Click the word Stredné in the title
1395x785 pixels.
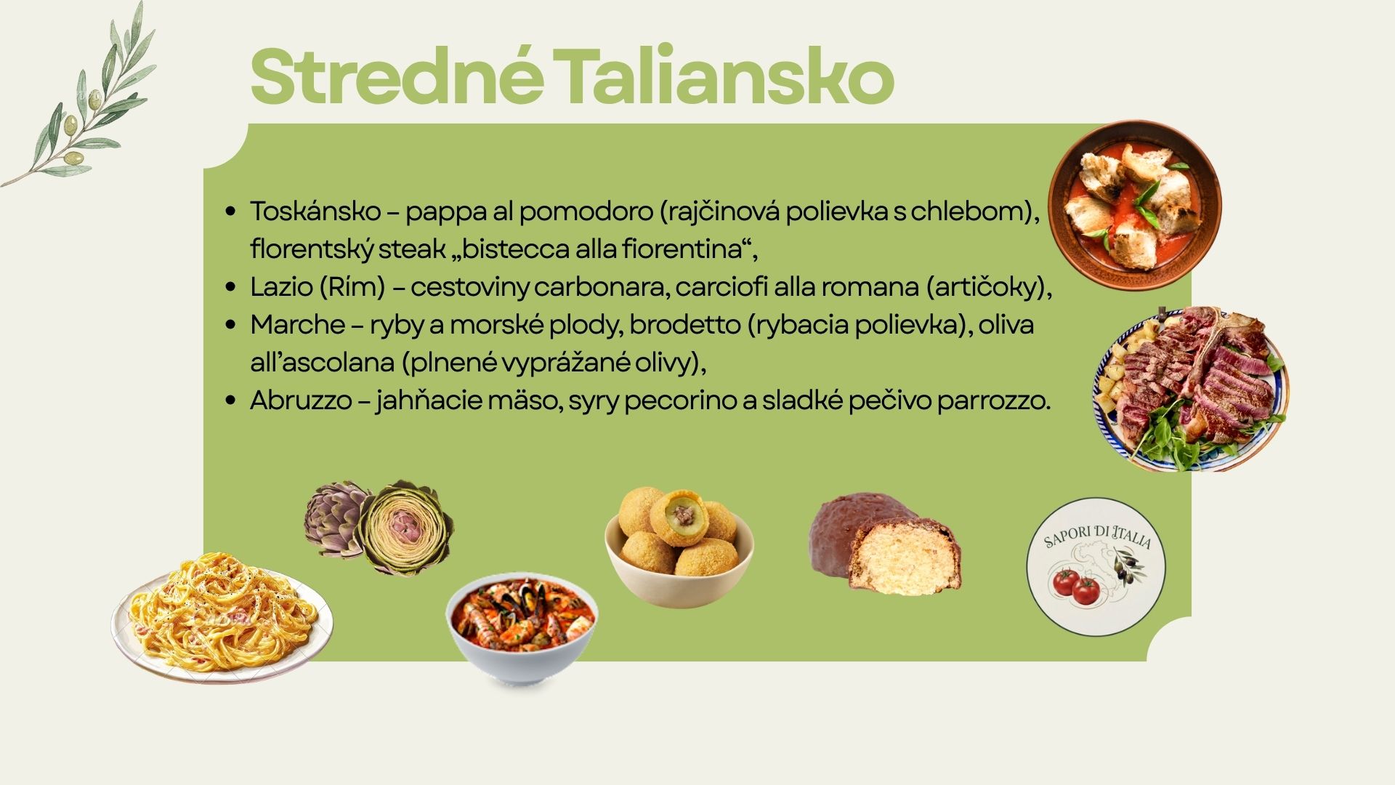click(x=397, y=76)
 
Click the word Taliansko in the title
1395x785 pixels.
click(x=727, y=76)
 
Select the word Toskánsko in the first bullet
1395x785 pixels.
click(x=315, y=212)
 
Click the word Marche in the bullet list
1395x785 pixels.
click(x=297, y=325)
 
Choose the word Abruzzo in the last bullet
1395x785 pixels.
click(x=301, y=400)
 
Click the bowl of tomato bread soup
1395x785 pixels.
click(x=1134, y=205)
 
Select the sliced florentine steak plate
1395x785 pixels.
click(x=1191, y=389)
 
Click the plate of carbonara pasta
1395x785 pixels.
click(x=222, y=617)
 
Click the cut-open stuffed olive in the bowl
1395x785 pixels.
click(x=679, y=517)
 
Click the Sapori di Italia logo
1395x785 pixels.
click(x=1096, y=566)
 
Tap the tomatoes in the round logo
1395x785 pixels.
click(x=1077, y=587)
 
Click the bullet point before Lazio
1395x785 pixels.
click(x=231, y=287)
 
